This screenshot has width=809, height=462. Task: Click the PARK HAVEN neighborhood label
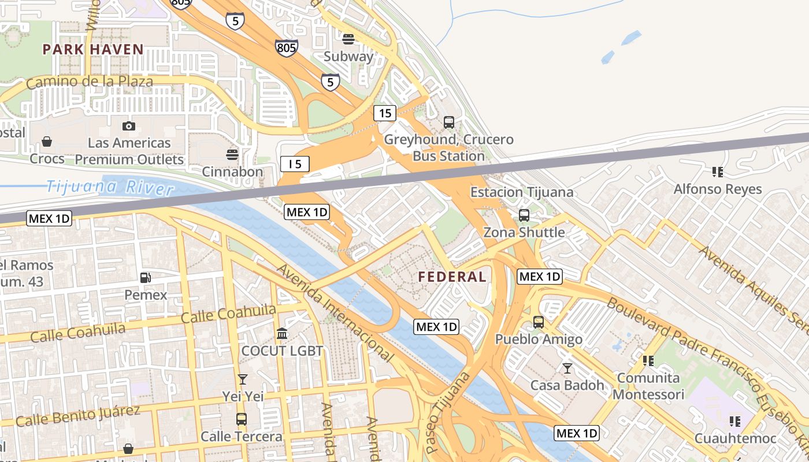92,49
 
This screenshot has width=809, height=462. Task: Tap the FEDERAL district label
452,277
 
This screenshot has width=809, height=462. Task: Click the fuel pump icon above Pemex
146,278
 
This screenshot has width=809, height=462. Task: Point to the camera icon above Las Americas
129,126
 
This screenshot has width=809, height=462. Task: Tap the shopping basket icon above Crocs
47,141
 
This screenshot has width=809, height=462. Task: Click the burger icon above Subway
348,39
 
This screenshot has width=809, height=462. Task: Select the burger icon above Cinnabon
232,155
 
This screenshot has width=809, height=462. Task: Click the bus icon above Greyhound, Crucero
449,122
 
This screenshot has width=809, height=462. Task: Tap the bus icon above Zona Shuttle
524,215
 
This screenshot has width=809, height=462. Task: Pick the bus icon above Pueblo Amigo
539,322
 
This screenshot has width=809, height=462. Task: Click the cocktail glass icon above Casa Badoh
567,368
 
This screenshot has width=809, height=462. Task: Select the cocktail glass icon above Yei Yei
243,379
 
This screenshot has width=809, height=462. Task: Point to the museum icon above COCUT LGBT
282,334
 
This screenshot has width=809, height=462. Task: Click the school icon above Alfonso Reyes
718,172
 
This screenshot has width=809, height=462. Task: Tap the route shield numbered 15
384,113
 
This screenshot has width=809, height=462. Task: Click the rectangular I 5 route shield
295,164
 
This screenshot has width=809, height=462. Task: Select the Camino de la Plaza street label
90,81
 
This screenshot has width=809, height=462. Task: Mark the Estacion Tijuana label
522,192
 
